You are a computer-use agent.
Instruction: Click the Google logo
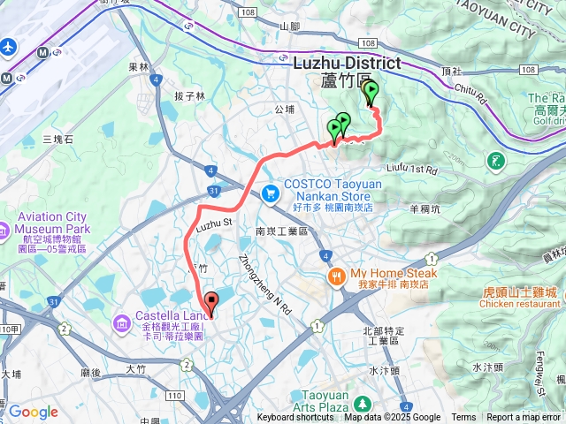pos(32,412)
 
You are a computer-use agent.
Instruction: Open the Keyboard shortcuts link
pos(295,418)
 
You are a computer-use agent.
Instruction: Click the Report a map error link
pos(524,418)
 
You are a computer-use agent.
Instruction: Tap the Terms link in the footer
pos(463,418)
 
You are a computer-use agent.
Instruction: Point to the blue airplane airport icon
pos(9,45)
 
